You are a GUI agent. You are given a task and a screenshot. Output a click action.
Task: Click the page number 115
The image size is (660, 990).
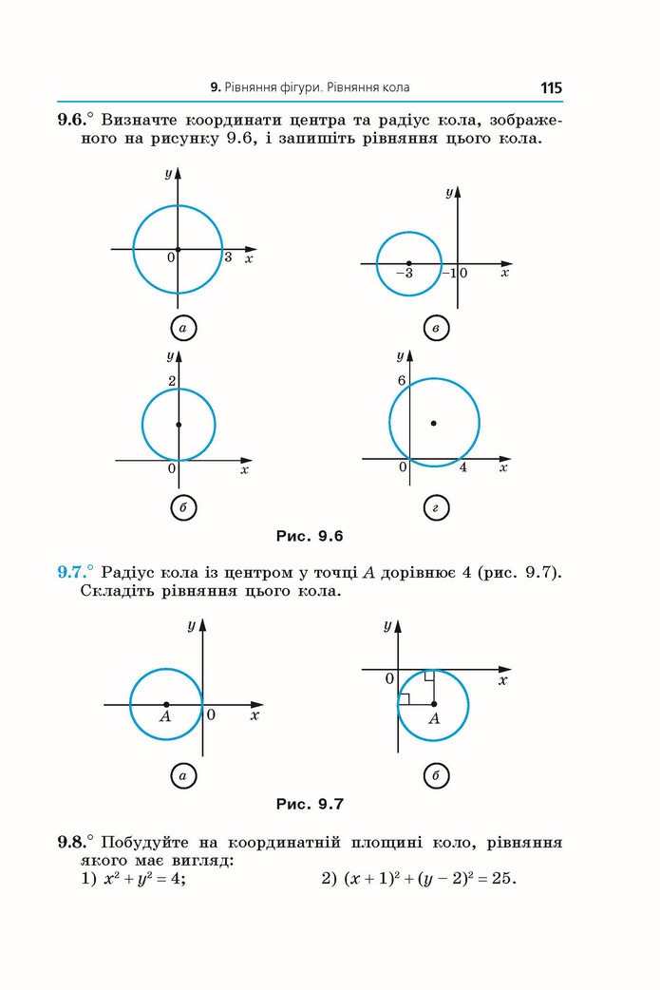pyautogui.click(x=551, y=87)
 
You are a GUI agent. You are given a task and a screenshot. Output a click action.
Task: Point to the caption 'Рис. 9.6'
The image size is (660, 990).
pyautogui.click(x=310, y=536)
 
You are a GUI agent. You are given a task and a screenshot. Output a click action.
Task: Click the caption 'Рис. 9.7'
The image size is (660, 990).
pyautogui.click(x=310, y=804)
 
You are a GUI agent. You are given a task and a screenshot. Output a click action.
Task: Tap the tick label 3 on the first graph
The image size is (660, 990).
pyautogui.click(x=229, y=257)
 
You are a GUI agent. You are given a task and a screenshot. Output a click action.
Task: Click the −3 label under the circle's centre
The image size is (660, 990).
pyautogui.click(x=405, y=274)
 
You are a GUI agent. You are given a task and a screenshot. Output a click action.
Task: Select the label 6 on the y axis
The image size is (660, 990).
pyautogui.click(x=402, y=380)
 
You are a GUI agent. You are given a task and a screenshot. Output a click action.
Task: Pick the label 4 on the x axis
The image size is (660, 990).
pyautogui.click(x=463, y=467)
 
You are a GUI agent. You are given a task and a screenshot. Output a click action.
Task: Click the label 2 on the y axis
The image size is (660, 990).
pyautogui.click(x=171, y=381)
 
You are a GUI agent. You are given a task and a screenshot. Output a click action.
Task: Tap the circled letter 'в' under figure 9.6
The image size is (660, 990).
pyautogui.click(x=435, y=329)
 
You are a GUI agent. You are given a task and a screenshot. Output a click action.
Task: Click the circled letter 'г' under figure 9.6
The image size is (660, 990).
pyautogui.click(x=435, y=507)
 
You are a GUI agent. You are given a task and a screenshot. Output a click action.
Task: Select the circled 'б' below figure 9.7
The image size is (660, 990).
pyautogui.click(x=435, y=775)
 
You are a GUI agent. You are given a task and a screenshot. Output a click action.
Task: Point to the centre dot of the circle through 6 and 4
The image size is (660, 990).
pyautogui.click(x=433, y=423)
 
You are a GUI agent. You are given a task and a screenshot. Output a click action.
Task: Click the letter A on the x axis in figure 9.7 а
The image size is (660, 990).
pyautogui.click(x=164, y=716)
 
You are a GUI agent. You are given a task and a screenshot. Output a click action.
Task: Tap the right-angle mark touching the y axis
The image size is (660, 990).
pyautogui.click(x=404, y=698)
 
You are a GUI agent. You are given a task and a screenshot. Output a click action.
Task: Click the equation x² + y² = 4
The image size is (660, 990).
pyautogui.click(x=144, y=878)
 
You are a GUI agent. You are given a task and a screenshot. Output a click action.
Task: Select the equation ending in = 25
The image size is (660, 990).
pyautogui.click(x=430, y=878)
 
